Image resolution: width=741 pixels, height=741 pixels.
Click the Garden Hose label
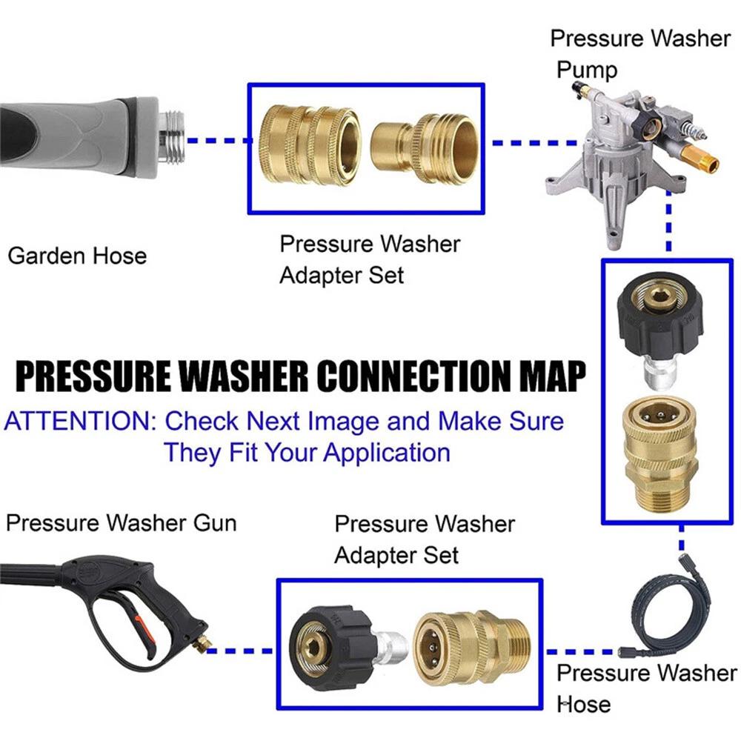tap(77, 256)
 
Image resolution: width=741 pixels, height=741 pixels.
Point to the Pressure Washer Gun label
tap(121, 523)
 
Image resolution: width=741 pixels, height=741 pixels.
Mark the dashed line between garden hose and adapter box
tap(215, 139)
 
